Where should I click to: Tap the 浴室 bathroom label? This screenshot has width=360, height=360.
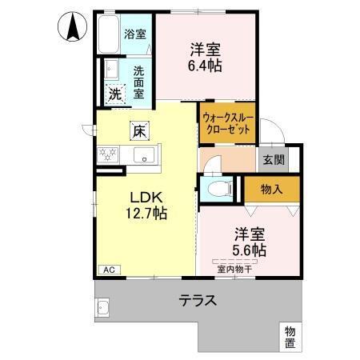135,34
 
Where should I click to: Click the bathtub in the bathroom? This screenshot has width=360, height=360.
110,34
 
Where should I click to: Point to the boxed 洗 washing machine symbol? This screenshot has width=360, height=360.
115,93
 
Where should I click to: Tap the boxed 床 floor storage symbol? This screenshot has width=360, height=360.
138,130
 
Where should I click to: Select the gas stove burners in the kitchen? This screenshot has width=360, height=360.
107,155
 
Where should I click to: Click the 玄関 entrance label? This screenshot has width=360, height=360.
273,159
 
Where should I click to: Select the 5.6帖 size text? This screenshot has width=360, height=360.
250,249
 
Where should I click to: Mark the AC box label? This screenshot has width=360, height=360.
107,270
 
